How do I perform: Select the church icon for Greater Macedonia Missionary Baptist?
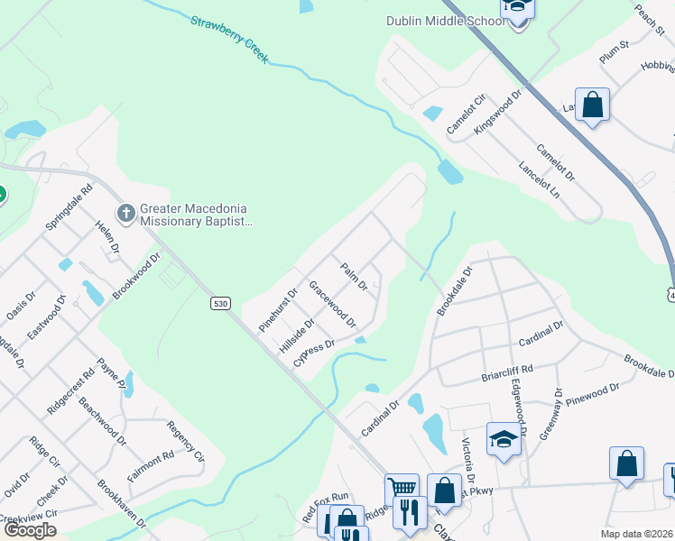(126, 213)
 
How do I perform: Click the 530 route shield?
(220, 304)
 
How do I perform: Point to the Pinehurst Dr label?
(277, 309)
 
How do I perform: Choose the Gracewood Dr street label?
(332, 303)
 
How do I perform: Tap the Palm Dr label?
(353, 277)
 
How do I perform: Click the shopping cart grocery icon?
(402, 490)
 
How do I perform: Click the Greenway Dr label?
(551, 414)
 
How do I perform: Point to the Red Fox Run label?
(325, 508)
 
